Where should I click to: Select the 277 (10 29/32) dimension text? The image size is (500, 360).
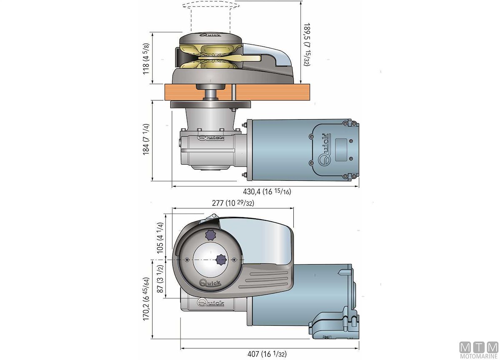[x=234, y=204]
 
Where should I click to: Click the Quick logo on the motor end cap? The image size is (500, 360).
[x=324, y=150]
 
